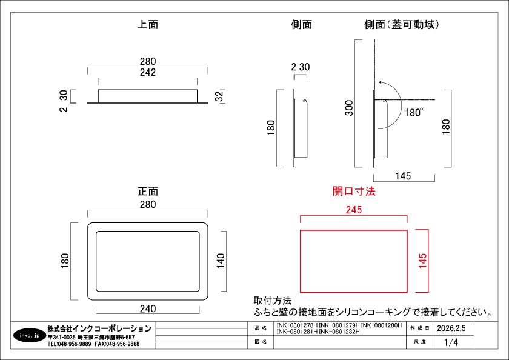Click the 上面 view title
click(148, 24)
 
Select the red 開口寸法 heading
click(354, 191)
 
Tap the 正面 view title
click(148, 191)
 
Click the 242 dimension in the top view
click(148, 72)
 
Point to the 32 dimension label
click(220, 96)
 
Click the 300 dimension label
click(349, 108)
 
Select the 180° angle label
click(413, 112)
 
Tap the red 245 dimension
click(353, 210)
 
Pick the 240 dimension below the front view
click(148, 308)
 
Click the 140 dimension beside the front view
click(221, 261)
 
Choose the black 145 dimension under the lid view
click(403, 176)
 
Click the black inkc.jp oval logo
click(30, 335)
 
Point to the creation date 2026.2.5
click(451, 328)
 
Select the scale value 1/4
click(451, 342)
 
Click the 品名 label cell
click(261, 328)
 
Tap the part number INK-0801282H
click(339, 332)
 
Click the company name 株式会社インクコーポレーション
click(99, 328)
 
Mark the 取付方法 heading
click(273, 300)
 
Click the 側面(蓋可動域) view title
click(402, 24)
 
